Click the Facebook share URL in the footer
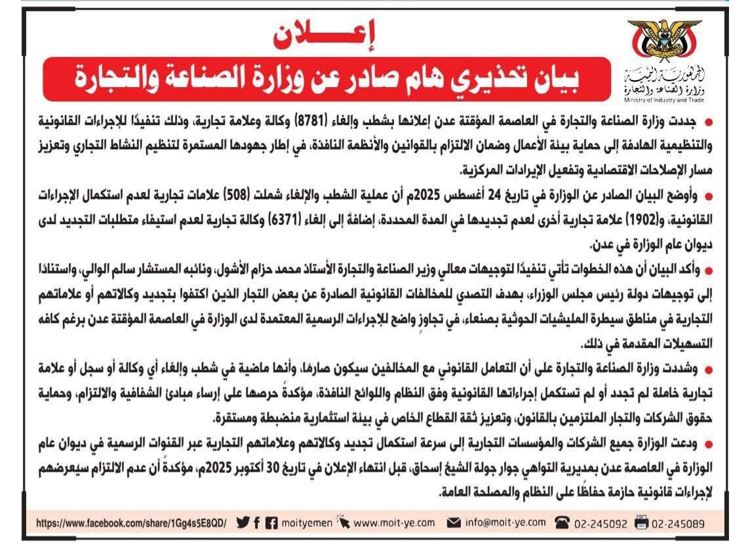(x=130, y=523)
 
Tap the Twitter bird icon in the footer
(x=243, y=522)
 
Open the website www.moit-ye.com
(x=394, y=523)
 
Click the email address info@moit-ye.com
(x=505, y=522)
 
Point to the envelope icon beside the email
(x=453, y=523)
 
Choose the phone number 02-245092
(x=600, y=523)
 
